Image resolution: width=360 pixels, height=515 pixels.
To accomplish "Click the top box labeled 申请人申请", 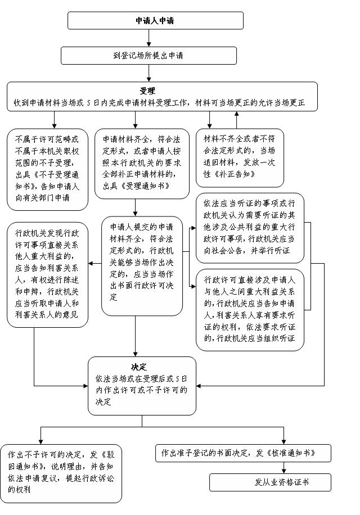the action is [155, 21].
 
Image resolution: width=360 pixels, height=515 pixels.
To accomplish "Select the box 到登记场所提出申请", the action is [148, 56].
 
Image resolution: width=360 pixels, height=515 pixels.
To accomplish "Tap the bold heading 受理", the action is [147, 91].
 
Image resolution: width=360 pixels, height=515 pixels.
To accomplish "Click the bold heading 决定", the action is [138, 367].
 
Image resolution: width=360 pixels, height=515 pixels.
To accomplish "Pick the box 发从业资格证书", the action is [271, 482].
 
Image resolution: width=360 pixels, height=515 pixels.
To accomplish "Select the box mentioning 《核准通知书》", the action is [243, 453].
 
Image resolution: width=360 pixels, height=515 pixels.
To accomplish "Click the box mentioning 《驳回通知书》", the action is [61, 473].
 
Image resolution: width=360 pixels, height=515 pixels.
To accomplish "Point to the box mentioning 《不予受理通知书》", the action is [47, 169].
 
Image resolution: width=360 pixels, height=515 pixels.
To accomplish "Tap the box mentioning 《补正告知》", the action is [240, 157].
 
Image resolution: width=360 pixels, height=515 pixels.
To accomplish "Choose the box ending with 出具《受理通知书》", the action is [142, 164].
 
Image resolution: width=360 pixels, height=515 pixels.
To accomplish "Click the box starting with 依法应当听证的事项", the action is [250, 228].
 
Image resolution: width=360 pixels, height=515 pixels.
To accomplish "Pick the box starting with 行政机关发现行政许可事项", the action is [47, 274].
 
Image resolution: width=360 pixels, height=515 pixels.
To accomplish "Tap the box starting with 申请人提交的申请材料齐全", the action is [142, 266].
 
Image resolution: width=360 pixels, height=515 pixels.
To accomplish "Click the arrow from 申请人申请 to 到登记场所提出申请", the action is [149, 38].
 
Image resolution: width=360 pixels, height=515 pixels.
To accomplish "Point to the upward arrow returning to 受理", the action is [236, 120].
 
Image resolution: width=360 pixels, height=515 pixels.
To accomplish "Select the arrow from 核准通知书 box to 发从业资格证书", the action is [284, 468].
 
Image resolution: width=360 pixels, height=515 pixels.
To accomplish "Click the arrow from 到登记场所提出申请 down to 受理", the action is [149, 73].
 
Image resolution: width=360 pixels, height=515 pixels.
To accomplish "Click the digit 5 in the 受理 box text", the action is [89, 103].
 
